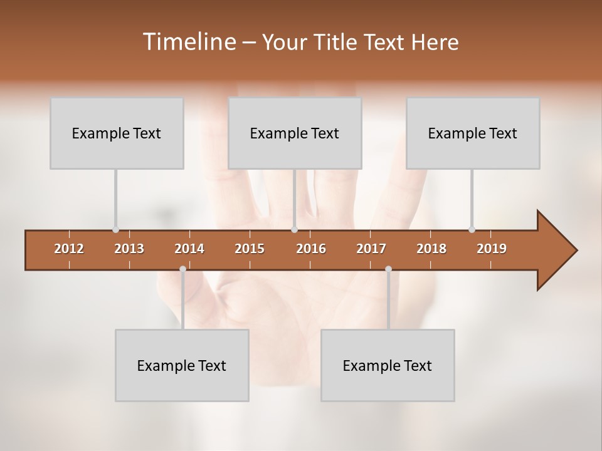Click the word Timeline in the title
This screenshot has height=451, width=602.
click(189, 42)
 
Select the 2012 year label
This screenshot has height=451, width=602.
click(69, 249)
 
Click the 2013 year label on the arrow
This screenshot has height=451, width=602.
click(129, 249)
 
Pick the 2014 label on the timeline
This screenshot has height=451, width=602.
click(189, 249)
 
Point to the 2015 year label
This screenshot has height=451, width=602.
click(250, 249)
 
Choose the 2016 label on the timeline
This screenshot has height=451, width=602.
click(311, 249)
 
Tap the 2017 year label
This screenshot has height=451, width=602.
click(371, 249)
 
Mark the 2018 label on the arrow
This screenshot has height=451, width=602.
click(431, 249)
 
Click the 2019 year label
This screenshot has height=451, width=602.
click(492, 249)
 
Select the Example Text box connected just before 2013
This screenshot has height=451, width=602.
click(117, 133)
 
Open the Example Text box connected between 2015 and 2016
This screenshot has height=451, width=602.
click(295, 133)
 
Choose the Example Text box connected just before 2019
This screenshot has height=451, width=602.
click(473, 133)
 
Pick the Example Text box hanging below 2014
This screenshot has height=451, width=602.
click(182, 365)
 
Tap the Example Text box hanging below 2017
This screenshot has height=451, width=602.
click(388, 365)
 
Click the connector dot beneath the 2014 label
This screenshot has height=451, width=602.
click(182, 269)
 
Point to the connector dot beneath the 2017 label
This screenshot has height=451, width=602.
click(388, 269)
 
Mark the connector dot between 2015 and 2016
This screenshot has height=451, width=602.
click(294, 230)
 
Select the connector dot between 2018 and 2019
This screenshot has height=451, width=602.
click(472, 230)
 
